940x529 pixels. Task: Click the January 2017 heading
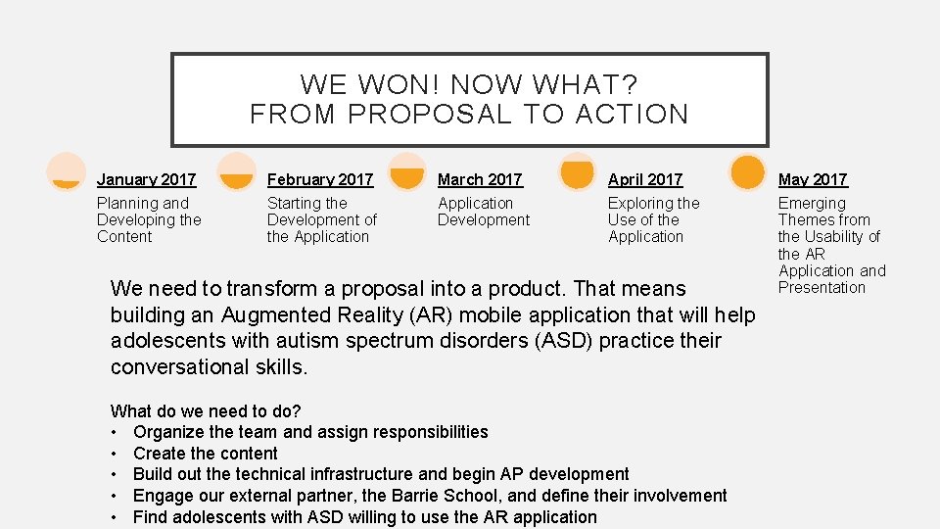tap(146, 179)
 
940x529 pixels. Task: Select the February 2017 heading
tap(319, 179)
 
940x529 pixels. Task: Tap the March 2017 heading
tap(480, 179)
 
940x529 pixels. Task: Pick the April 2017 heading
tap(644, 179)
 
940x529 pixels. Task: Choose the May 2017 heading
tap(813, 179)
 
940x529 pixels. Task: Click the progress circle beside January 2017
tap(66, 171)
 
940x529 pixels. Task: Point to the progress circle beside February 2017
tap(237, 171)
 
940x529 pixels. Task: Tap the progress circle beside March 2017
tap(407, 171)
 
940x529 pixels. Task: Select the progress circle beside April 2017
tap(578, 171)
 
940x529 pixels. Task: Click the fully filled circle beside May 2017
tap(748, 171)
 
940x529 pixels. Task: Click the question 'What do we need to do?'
tap(206, 411)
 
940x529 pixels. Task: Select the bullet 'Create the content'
tap(206, 454)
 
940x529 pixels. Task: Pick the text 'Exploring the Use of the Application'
tap(653, 219)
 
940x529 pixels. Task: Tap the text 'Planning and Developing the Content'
tap(148, 219)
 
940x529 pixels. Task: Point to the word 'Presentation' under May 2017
tap(822, 287)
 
